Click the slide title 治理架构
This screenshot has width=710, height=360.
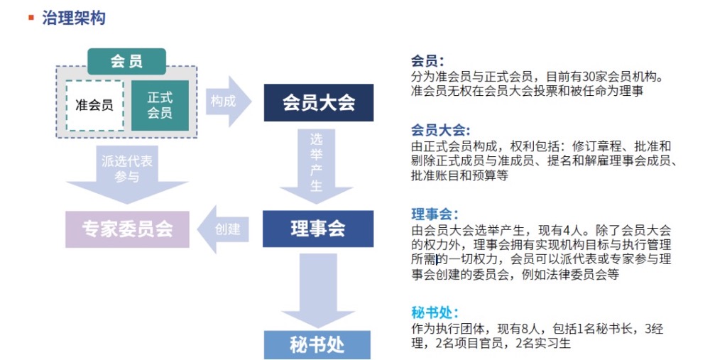click(x=74, y=18)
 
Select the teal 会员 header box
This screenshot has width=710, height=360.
click(x=127, y=61)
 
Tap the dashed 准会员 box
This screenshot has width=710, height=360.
click(x=94, y=106)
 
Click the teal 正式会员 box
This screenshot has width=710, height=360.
click(x=160, y=105)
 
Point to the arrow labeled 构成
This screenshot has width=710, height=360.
click(x=228, y=102)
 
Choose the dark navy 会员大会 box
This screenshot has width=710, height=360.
click(x=319, y=102)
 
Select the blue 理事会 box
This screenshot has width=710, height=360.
click(x=318, y=229)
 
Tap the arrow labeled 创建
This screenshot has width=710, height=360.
click(x=223, y=229)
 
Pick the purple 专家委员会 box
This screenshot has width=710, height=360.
click(x=127, y=229)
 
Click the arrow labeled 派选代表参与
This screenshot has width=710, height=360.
click(x=127, y=174)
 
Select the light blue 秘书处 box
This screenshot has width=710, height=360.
click(x=317, y=345)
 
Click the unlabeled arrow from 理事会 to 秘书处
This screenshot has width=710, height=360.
click(x=317, y=290)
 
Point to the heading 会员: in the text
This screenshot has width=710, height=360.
click(x=427, y=60)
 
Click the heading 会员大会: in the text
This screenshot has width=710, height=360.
click(x=441, y=131)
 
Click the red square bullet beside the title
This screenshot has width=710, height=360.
click(x=31, y=18)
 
